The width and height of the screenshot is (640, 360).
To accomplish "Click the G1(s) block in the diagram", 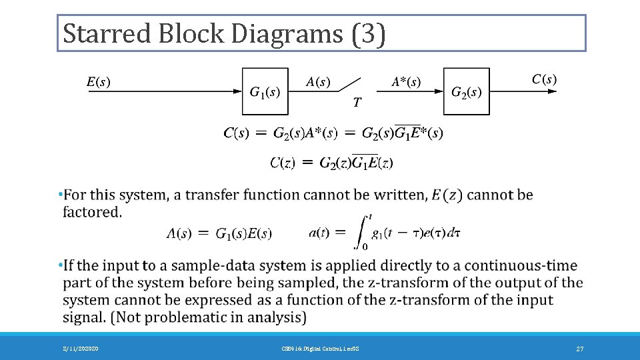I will tap(265, 91).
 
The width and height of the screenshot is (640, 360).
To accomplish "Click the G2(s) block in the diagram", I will tap(467, 91).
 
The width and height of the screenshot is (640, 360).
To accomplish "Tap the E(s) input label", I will tap(99, 83).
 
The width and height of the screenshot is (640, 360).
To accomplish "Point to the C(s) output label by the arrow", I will tap(544, 79).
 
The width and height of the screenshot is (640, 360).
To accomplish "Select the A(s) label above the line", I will tap(317, 83).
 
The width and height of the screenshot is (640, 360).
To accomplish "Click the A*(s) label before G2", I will tap(405, 83).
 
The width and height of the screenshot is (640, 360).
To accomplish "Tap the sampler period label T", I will tap(357, 102).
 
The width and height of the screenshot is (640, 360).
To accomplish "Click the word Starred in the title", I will tap(107, 33).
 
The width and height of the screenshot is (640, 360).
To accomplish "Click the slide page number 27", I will tap(580, 349).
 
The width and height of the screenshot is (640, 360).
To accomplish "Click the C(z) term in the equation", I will tap(287, 162).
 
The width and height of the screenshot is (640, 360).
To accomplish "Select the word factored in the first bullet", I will tap(92, 212).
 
